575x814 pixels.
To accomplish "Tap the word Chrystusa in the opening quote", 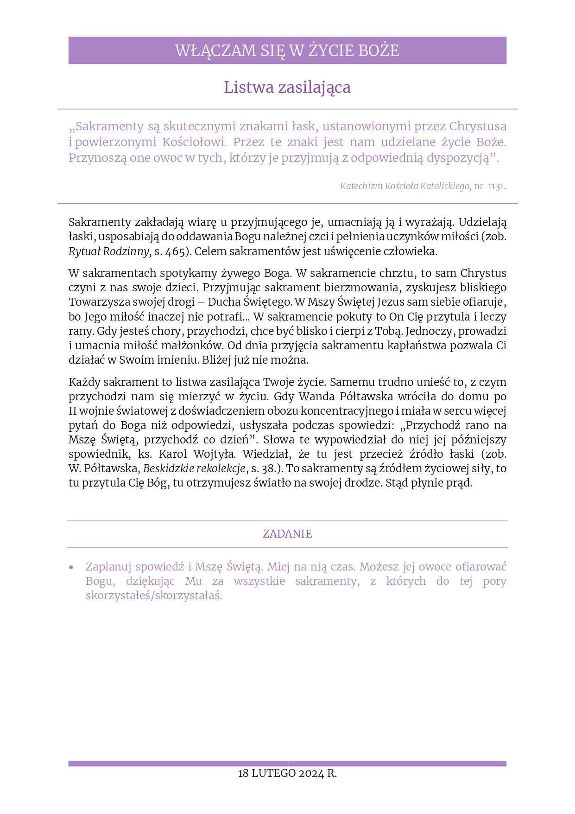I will coord(478,126).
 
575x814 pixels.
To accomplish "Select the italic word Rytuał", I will coord(84,251).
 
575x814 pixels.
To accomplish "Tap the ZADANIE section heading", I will coord(287,534).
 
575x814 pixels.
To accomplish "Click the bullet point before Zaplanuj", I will coord(71,567).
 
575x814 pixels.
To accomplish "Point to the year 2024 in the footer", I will coord(311,773).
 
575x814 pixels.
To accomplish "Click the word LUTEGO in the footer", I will coord(273,773).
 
